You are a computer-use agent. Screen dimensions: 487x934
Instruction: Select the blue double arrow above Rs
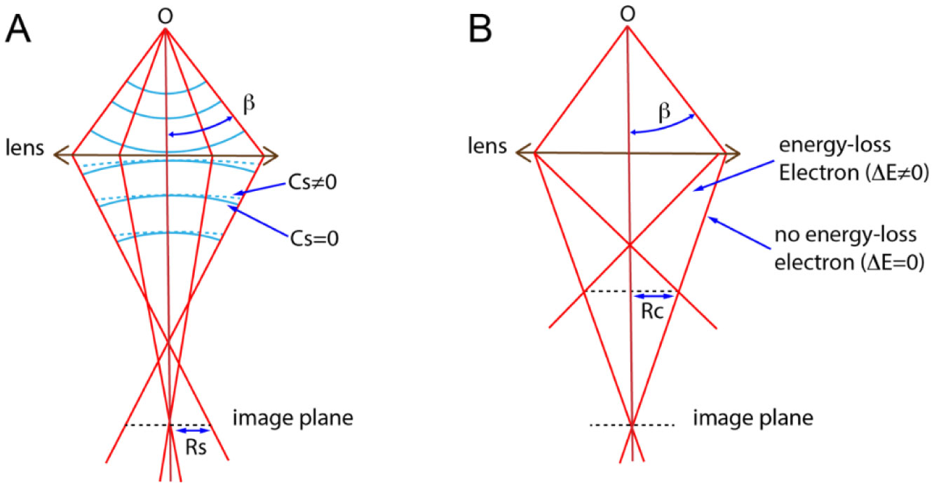click(x=192, y=430)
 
